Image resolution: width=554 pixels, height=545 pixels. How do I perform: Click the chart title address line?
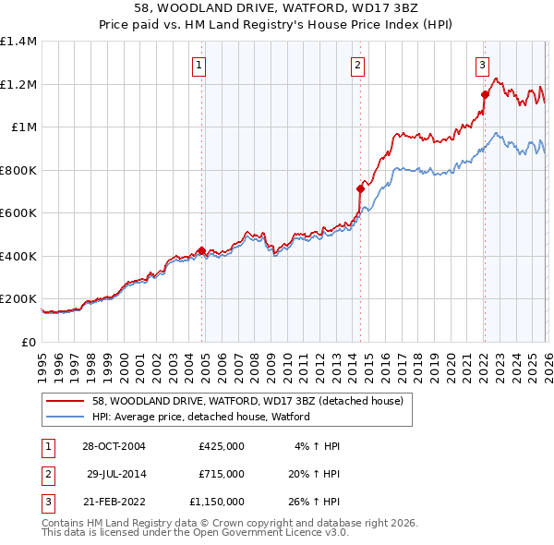[x=277, y=7]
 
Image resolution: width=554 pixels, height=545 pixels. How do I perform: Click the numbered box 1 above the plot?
[x=199, y=65]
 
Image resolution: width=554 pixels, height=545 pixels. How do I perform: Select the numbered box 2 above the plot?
[x=357, y=65]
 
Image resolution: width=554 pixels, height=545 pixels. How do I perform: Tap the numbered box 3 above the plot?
[x=482, y=65]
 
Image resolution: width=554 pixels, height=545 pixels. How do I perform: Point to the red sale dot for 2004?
[x=201, y=250]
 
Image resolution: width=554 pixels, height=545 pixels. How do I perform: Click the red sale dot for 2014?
[x=360, y=188]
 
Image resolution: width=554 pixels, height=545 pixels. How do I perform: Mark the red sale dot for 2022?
[x=485, y=94]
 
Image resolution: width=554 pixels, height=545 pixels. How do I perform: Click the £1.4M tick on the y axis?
[x=18, y=42]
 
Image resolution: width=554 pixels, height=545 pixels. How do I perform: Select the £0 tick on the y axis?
[x=28, y=342]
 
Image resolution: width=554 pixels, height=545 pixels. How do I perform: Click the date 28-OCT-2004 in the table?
[x=114, y=446]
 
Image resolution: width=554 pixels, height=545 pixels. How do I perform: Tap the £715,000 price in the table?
[x=222, y=473]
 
